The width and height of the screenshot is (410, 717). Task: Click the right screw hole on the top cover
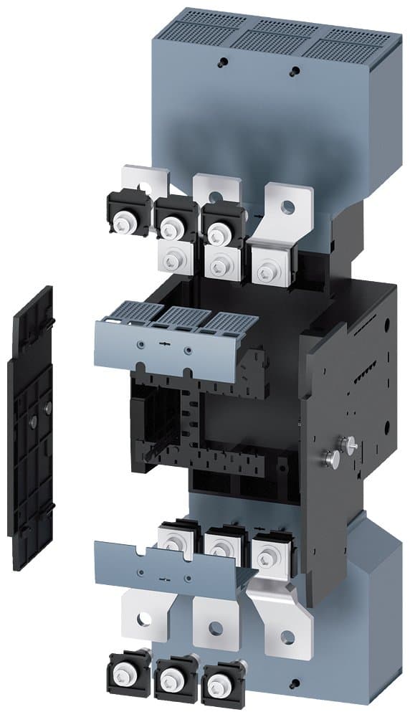pyautogui.click(x=294, y=71)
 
